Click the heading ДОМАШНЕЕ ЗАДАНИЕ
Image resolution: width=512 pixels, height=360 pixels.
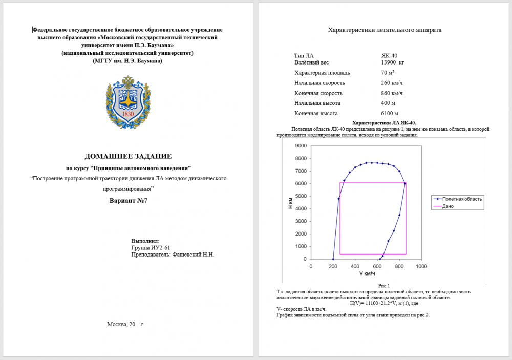point(128,156)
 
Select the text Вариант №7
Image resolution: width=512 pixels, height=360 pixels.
point(128,200)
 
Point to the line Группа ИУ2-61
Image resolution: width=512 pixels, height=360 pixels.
point(149,247)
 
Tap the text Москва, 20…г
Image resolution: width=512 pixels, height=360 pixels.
point(125,324)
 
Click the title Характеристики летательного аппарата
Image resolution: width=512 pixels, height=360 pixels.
point(384,30)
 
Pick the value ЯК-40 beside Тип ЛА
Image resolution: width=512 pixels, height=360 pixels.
point(389,55)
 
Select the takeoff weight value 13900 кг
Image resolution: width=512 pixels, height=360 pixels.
point(393,62)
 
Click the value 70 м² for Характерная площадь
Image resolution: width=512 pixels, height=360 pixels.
point(388,73)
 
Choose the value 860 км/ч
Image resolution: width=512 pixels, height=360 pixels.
point(392,93)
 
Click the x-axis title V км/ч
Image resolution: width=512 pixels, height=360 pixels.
point(367,273)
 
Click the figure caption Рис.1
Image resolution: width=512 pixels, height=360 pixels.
point(384,286)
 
